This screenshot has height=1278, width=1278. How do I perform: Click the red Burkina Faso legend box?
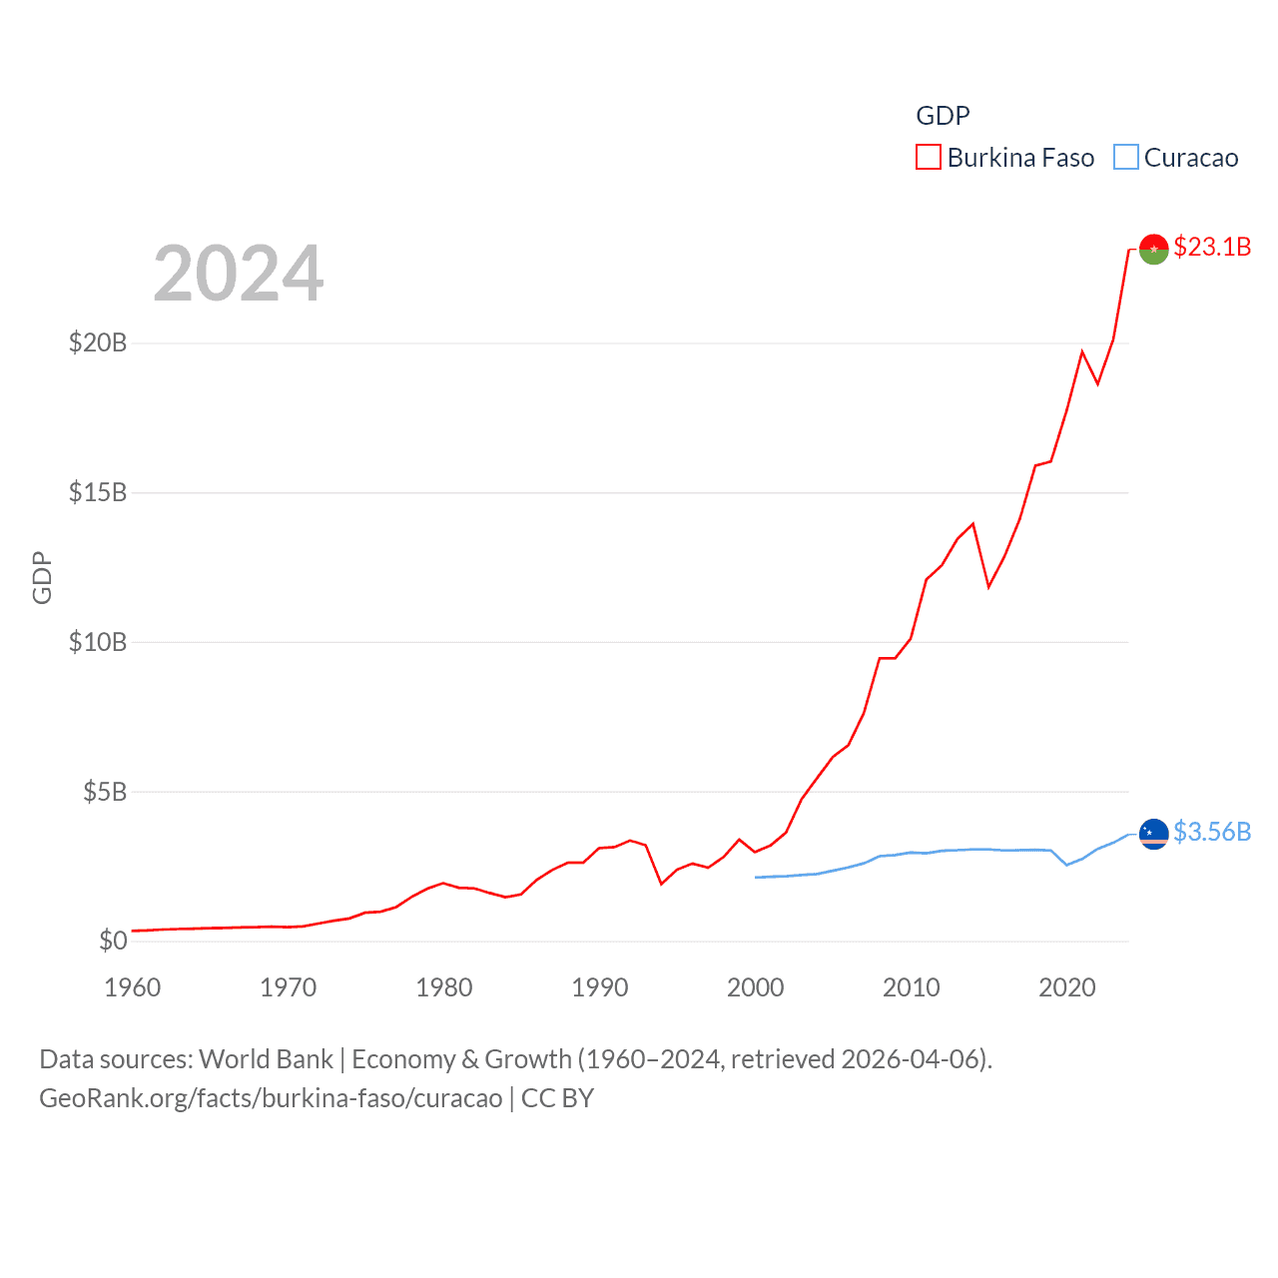pos(928,158)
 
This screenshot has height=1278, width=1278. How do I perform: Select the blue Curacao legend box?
pos(1125,158)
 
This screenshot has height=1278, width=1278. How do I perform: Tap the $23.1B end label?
pos(1211,247)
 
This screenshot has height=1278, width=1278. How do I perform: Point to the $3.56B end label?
pos(1211,832)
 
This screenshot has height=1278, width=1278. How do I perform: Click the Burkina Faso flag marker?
pos(1153,249)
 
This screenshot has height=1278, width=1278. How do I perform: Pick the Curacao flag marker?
pos(1153,833)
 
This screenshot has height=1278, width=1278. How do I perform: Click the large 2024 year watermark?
pos(239,274)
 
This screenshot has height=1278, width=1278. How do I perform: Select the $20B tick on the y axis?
pos(98,342)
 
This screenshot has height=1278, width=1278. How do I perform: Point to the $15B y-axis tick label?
pos(98,492)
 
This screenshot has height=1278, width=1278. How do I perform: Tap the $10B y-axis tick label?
pos(98,642)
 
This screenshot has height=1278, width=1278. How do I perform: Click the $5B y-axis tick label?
pos(105,792)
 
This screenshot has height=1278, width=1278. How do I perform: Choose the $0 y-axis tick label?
pos(113,941)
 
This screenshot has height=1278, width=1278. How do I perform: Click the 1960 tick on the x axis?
pos(133,987)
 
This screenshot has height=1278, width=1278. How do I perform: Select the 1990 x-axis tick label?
pos(600,987)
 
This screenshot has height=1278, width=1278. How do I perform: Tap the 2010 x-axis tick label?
pos(912,987)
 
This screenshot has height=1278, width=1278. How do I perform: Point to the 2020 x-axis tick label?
pos(1067,987)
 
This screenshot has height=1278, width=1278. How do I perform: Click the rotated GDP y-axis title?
pos(42,577)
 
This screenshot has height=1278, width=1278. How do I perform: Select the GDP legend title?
pos(943,116)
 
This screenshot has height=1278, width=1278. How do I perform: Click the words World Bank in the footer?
pos(267,1058)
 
